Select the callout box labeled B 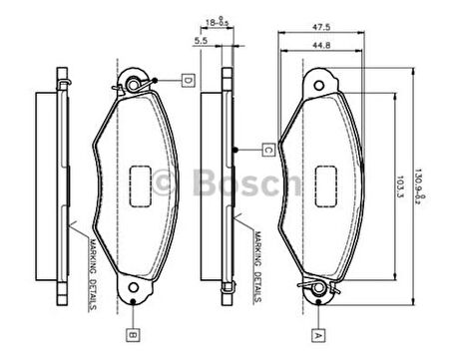[132, 334]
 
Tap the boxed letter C [269, 150]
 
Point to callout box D [188, 79]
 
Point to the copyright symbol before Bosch [166, 182]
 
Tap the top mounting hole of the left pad [134, 82]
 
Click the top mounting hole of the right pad [319, 81]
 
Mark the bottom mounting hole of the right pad [319, 290]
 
